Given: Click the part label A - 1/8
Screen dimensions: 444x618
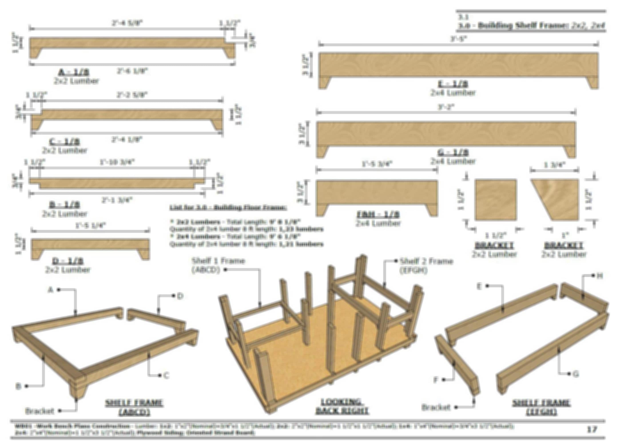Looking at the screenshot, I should tap(74, 72).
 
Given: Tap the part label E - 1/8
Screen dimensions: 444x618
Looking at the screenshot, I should tap(453, 84).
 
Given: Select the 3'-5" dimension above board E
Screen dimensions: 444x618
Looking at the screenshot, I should tap(458, 39).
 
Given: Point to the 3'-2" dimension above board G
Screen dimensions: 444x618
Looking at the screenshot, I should tap(446, 107).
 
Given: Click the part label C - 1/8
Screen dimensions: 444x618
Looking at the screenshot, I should tap(65, 142).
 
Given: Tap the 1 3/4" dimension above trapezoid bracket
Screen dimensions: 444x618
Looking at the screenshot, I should tap(554, 165).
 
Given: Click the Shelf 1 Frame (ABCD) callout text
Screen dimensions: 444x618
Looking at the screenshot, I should tap(218, 265).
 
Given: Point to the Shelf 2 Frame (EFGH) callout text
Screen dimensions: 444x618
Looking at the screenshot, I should tap(426, 266).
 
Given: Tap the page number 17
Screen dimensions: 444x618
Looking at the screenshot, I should tap(592, 430).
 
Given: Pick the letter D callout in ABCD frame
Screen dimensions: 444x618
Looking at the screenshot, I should tap(180, 296).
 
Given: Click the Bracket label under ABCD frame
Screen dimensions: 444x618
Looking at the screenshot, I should tap(40, 411).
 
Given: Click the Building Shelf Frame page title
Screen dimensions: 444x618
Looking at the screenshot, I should tap(531, 26).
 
